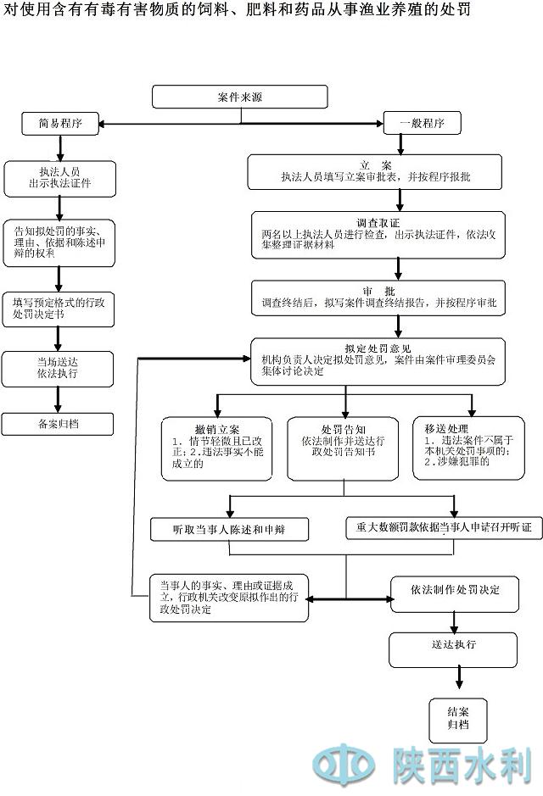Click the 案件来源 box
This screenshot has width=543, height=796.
coord(239,97)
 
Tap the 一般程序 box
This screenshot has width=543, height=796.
coord(422,123)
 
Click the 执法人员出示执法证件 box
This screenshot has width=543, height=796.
coord(59,177)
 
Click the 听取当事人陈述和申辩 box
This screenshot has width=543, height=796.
coord(229,529)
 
